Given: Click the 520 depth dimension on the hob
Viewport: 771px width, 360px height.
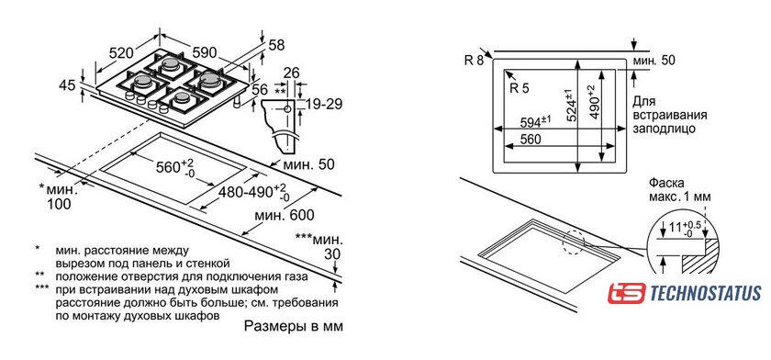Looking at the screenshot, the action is pyautogui.click(x=121, y=52).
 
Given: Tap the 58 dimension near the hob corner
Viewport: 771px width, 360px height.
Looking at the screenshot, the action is pyautogui.click(x=277, y=45).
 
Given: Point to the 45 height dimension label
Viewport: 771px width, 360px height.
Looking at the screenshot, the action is pyautogui.click(x=67, y=85).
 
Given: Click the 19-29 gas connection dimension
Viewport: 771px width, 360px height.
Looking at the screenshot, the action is pyautogui.click(x=323, y=104).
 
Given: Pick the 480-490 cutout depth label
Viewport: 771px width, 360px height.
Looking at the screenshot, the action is pyautogui.click(x=250, y=193).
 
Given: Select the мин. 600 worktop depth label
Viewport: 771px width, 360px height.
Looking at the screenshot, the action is pyautogui.click(x=285, y=216).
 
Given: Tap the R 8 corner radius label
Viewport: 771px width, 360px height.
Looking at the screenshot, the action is pyautogui.click(x=474, y=60).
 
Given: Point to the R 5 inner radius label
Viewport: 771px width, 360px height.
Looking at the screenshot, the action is pyautogui.click(x=520, y=88).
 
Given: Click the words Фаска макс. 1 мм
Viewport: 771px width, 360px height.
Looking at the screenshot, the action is pyautogui.click(x=680, y=190).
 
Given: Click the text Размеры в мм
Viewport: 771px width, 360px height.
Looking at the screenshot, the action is pyautogui.click(x=293, y=326).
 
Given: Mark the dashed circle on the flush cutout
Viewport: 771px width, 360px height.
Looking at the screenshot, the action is pyautogui.click(x=574, y=242).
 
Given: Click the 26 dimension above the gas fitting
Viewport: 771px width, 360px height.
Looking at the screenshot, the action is pyautogui.click(x=292, y=73).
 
